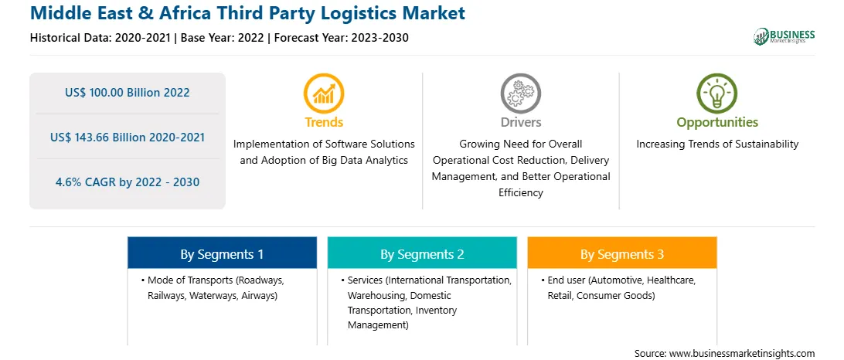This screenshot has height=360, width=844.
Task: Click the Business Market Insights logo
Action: (784, 36)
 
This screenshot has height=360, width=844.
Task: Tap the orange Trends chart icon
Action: (324, 93)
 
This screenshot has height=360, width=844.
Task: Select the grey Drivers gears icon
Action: (520, 93)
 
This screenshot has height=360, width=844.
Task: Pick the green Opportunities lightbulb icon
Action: (717, 93)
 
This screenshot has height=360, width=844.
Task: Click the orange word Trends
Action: (324, 122)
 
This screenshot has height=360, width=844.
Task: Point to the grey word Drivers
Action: (520, 122)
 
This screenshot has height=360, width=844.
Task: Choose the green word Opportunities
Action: (717, 123)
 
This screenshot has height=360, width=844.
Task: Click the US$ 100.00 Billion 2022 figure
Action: (128, 93)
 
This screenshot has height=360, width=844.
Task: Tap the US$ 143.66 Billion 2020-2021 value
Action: (128, 138)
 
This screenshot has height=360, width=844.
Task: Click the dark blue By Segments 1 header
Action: (223, 253)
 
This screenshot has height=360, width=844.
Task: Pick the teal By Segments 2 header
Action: (422, 253)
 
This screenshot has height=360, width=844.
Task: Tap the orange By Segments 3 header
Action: (622, 253)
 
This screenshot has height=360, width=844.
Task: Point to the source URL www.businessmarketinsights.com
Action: (741, 354)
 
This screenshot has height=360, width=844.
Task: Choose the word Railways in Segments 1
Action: (166, 295)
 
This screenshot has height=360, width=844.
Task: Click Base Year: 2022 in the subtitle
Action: (223, 38)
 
